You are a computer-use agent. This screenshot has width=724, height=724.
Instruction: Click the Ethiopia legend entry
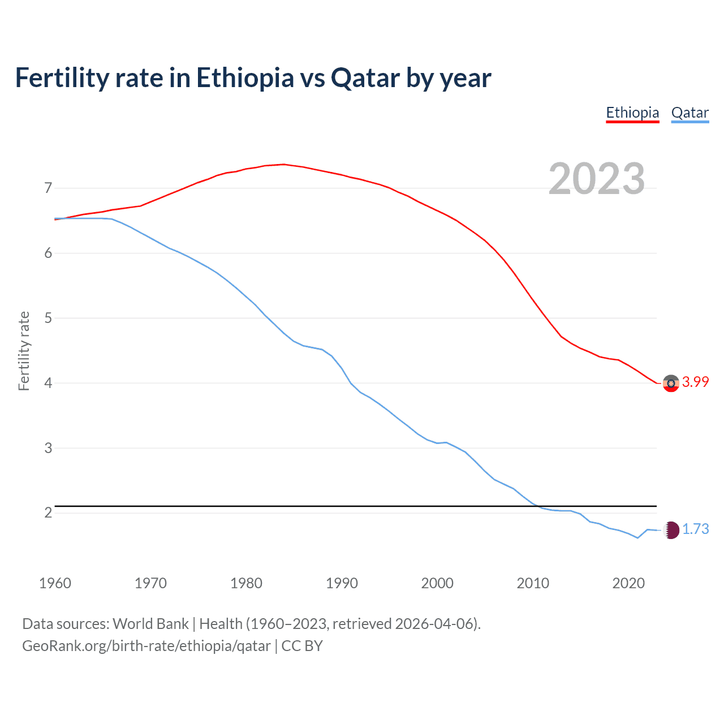(632, 113)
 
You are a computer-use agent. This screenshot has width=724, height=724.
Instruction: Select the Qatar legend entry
(689, 113)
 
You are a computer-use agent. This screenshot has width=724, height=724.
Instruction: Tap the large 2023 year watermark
(597, 179)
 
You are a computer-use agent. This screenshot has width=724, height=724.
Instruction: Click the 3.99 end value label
(695, 382)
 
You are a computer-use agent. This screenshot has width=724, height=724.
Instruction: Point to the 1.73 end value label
(695, 529)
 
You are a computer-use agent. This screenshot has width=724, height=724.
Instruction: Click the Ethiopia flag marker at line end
(671, 383)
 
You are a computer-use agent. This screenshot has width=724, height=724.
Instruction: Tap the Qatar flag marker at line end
(671, 530)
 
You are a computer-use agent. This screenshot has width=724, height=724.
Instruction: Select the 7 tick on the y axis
(48, 188)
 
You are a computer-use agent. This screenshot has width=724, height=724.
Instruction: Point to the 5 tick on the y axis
(48, 318)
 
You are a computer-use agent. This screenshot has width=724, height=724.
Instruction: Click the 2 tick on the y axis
(48, 513)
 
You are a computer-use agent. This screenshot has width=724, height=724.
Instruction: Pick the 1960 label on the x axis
(55, 583)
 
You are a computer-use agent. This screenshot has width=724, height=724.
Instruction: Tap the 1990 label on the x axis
(342, 583)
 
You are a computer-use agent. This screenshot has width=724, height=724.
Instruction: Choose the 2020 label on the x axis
(628, 583)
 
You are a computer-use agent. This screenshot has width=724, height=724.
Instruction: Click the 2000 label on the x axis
(437, 583)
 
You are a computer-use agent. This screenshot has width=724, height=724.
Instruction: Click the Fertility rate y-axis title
(24, 351)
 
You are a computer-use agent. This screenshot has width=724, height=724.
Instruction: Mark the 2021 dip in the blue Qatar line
(637, 538)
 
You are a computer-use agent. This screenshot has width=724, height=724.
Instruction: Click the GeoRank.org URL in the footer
(146, 646)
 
